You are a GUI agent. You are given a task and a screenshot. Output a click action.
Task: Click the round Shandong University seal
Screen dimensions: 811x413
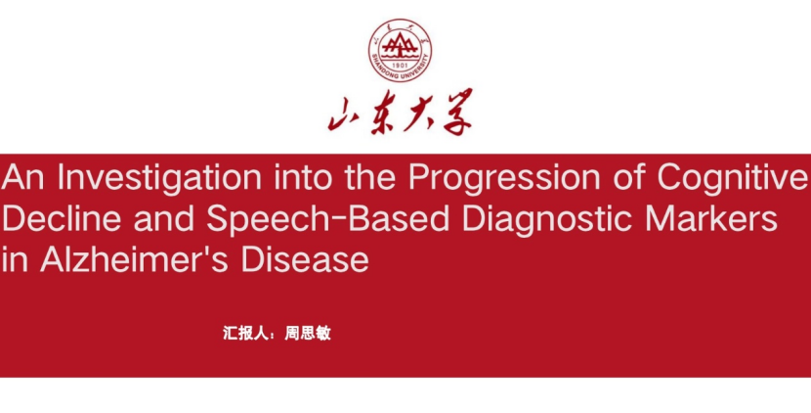point(400,50)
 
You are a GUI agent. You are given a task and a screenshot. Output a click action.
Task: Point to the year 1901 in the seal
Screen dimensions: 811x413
point(400,66)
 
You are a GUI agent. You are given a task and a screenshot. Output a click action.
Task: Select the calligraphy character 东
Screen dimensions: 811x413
point(382,113)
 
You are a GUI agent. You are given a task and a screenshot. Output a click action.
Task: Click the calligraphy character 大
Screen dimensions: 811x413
point(418,112)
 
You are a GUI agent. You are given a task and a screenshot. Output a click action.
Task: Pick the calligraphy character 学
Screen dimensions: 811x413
point(454,112)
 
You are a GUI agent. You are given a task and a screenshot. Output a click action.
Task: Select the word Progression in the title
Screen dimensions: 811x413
point(504,179)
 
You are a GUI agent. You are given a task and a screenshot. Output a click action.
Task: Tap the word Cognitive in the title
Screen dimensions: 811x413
point(733,177)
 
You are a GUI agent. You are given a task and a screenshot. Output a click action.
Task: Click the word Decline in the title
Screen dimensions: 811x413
point(62,218)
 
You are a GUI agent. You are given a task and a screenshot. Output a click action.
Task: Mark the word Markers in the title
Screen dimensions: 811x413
point(711,218)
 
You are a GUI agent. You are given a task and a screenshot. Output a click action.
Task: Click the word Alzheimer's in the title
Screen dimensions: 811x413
point(134,259)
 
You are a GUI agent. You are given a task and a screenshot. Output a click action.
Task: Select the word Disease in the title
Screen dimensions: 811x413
point(305,259)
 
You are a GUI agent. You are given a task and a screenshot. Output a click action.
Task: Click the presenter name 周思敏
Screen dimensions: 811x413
point(308,333)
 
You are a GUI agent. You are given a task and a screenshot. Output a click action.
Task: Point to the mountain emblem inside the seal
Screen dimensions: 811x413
point(400,46)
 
